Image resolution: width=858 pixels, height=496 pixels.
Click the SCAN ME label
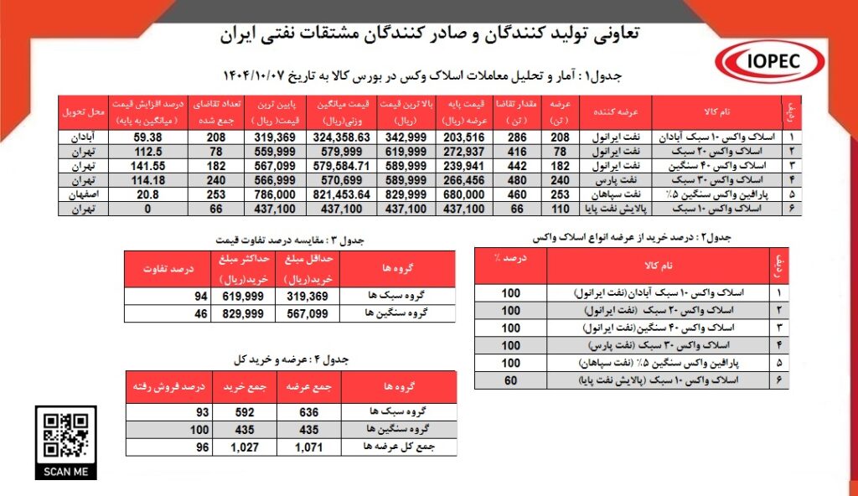65,472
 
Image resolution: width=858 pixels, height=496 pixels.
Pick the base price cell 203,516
463,136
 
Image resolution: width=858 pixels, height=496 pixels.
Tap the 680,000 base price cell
463,193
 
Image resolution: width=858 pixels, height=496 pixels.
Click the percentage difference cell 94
199,297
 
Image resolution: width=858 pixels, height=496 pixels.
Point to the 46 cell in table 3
199,313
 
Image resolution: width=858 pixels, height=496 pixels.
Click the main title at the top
429,34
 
